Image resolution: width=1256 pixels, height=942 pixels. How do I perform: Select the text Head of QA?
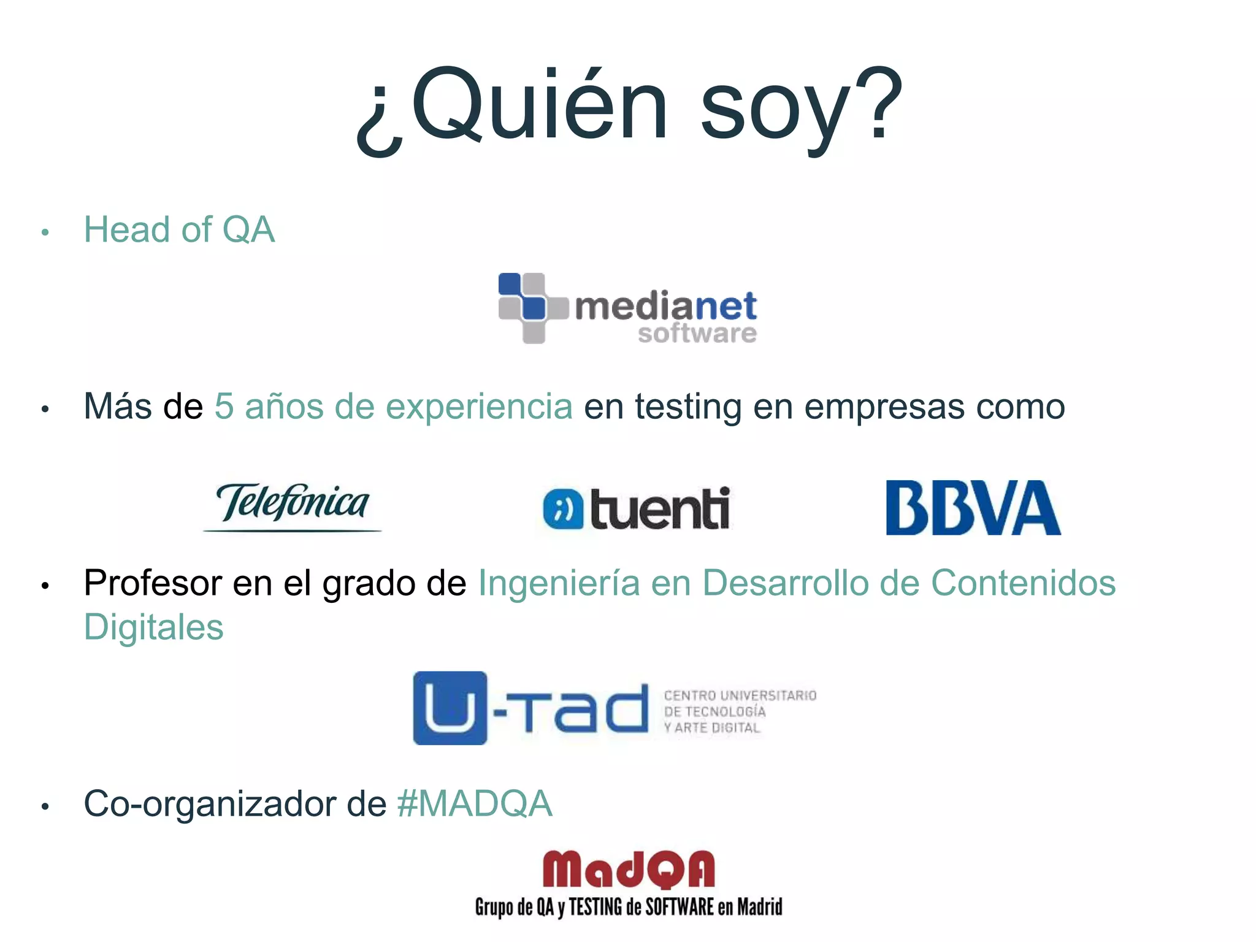(179, 230)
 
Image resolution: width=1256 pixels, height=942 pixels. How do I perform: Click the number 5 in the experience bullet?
(224, 407)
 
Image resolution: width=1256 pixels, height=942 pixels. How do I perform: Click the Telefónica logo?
(293, 505)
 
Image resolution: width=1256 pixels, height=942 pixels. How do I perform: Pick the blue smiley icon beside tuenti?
(562, 509)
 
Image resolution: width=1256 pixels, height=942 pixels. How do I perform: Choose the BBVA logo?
(973, 508)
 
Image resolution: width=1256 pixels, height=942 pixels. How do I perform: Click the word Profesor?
(153, 583)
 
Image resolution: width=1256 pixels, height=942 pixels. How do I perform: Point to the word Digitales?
(154, 627)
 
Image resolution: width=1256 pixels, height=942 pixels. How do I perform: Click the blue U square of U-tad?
(450, 708)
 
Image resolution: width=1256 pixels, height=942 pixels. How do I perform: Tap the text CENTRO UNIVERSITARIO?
(740, 695)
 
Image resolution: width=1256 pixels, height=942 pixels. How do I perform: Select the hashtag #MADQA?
(475, 804)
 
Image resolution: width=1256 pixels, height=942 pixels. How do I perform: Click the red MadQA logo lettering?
(629, 870)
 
